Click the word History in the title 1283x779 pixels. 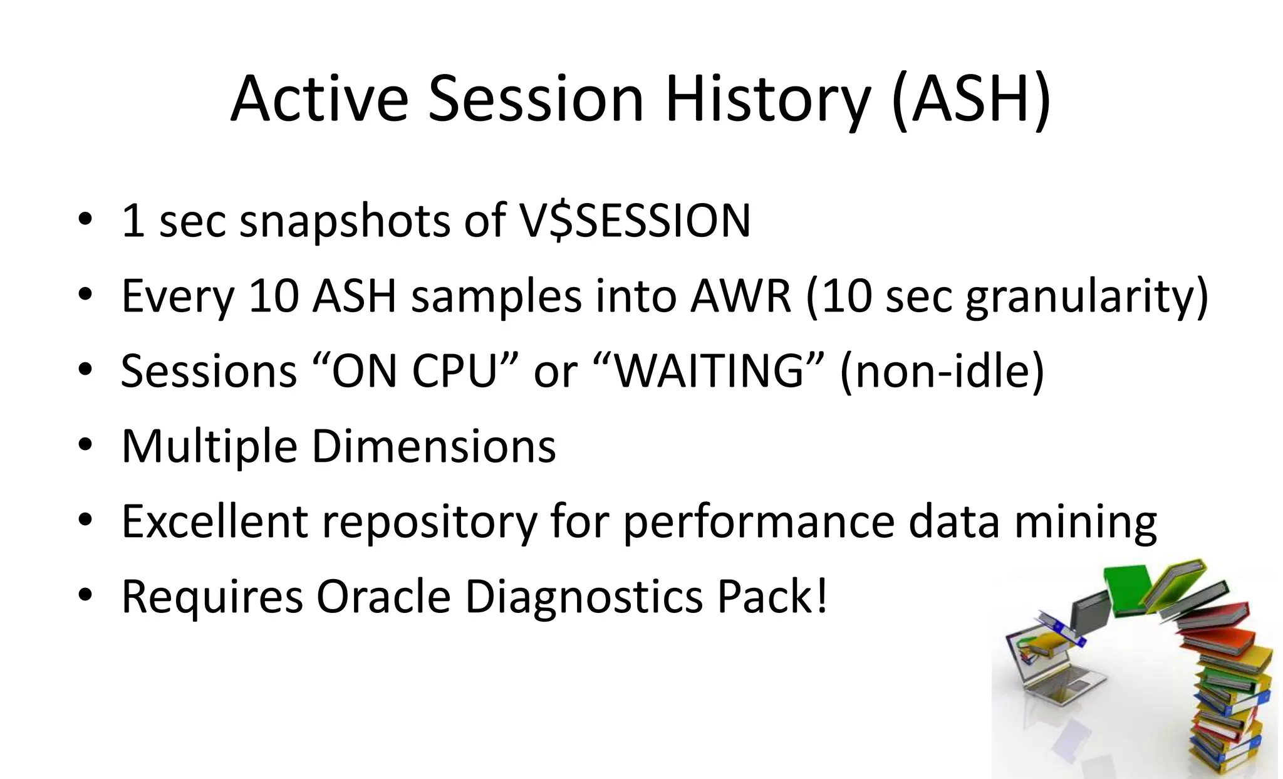pyautogui.click(x=767, y=100)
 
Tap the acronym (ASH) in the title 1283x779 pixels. pyautogui.click(x=970, y=100)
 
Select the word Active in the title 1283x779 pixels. pyautogui.click(x=319, y=100)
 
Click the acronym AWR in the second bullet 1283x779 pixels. pyautogui.click(x=741, y=296)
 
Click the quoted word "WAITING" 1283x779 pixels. pyautogui.click(x=708, y=371)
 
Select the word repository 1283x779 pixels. pyautogui.click(x=430, y=521)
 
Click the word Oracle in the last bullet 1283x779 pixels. pyautogui.click(x=383, y=597)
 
